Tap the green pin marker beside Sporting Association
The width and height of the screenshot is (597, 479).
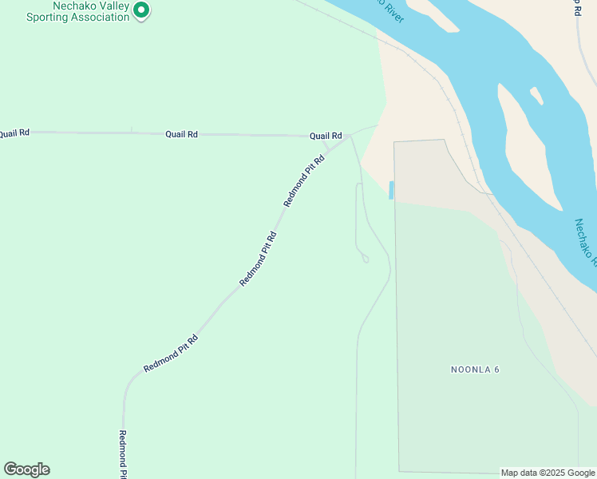tap(141, 10)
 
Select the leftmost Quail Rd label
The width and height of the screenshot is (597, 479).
tap(14, 133)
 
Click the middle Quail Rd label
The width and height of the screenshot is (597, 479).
tap(181, 134)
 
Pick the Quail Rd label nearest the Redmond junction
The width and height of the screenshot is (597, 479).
tap(326, 136)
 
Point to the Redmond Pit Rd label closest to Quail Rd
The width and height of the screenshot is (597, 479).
tap(304, 181)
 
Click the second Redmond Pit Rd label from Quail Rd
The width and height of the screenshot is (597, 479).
tap(259, 259)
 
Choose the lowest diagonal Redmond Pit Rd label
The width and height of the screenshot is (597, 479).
tap(170, 354)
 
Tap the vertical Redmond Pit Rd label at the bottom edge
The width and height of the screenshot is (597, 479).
tap(123, 454)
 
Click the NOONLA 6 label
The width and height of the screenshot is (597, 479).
tap(475, 370)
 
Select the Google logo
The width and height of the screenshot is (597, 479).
tap(26, 469)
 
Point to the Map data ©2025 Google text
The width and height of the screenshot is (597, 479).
tap(548, 473)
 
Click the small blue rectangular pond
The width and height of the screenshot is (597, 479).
tap(391, 190)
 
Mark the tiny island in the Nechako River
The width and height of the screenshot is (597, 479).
tap(536, 96)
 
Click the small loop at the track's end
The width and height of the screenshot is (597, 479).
tap(365, 258)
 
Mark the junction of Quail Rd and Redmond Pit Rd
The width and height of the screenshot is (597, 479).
tap(349, 137)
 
